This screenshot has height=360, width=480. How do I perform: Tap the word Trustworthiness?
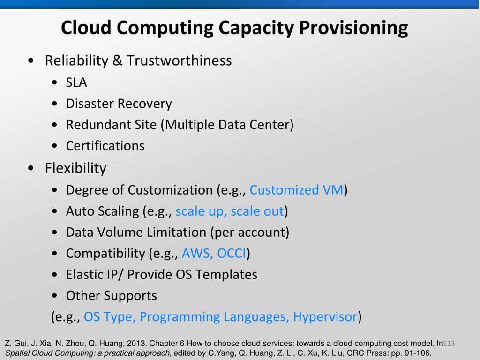pos(179,61)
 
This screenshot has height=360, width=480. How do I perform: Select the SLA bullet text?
pos(76,82)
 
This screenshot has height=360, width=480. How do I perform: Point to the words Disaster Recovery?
pos(119,104)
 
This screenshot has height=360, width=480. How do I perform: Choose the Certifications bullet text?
pos(105,146)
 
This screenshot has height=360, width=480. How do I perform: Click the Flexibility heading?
pos(75,168)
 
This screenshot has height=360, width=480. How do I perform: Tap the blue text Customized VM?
pos(296,190)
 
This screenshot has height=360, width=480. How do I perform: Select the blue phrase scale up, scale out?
pos(230,211)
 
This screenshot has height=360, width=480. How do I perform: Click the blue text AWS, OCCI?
pos(214,253)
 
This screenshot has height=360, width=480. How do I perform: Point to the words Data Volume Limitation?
pos(136,232)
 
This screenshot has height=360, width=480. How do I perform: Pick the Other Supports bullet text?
pos(111,296)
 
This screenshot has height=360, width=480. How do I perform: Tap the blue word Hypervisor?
pos(325,317)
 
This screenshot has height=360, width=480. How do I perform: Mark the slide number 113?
pos(449,344)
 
